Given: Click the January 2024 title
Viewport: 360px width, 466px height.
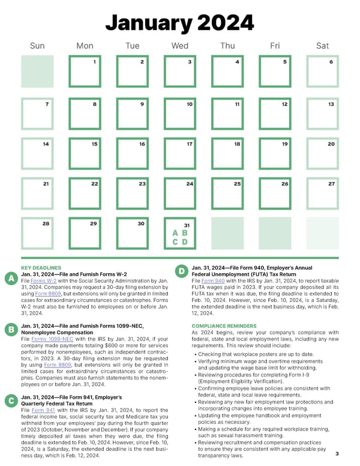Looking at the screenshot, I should tap(180, 23).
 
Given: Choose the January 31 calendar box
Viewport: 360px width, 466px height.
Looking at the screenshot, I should tap(180, 233).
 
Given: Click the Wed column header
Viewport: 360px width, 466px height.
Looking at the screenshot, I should tap(180, 46).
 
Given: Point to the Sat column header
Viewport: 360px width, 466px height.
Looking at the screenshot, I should tap(322, 46).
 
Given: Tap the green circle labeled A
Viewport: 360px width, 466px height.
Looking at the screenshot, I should tap(10, 279).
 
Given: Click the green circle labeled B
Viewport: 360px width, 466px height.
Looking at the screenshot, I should tap(10, 329).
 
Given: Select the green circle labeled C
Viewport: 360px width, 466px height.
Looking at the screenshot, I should tap(10, 401).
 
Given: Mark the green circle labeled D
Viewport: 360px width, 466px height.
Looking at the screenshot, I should tap(181, 272).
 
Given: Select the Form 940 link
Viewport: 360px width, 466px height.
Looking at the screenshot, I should tap(214, 280).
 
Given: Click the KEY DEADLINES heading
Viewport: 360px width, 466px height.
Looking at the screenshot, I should tap(41, 267).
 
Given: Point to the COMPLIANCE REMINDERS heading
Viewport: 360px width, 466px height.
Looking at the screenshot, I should tap(224, 326).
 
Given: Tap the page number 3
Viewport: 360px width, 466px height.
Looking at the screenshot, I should tap(337, 453).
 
